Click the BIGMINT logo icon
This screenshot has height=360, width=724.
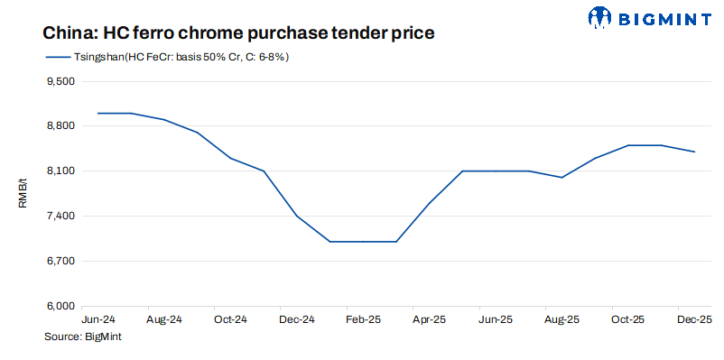coord(600,16)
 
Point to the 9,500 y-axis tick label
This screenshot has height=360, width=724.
coord(60,81)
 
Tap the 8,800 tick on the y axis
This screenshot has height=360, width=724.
coord(60,126)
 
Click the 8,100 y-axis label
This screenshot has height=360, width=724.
coord(60,171)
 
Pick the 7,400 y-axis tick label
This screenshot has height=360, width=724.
coord(60,217)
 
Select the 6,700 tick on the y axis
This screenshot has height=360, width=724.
coord(60,262)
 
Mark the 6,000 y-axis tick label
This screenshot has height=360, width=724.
coord(60,307)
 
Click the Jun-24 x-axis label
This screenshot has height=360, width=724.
coord(97,319)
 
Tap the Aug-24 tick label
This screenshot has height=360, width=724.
coord(164,319)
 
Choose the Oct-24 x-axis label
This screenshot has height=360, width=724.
coord(230,319)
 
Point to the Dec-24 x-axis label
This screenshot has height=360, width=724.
coord(297,319)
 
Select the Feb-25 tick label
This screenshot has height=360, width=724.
coord(363,319)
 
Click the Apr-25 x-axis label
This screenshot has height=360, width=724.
coord(429,319)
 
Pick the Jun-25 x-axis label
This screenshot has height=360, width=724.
coord(496,319)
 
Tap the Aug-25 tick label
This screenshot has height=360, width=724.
coord(562,319)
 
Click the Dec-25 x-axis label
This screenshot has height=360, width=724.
coord(694,319)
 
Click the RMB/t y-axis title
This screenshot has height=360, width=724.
coord(23,194)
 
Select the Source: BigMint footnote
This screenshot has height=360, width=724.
coord(82,337)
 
